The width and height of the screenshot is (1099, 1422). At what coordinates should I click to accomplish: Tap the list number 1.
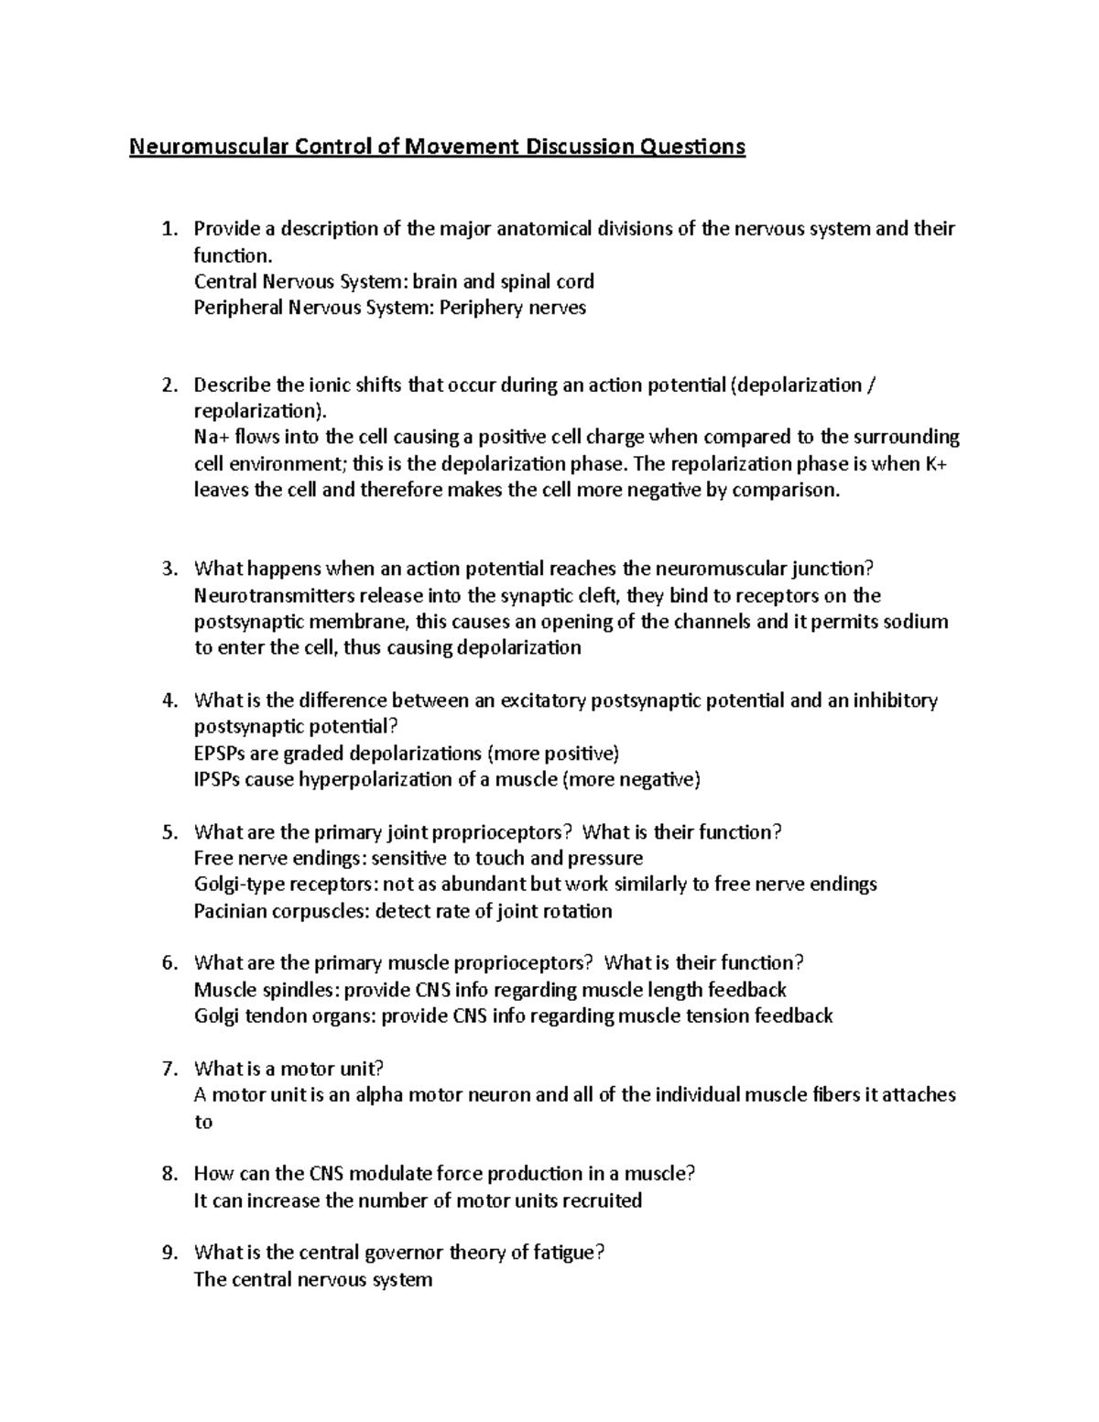167,229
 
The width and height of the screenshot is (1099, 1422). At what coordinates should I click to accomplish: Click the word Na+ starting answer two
209,437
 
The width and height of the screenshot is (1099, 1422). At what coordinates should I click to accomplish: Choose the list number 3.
168,570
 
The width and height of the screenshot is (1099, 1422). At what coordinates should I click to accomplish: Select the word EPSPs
220,754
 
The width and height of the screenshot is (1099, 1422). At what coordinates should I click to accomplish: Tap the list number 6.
168,963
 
